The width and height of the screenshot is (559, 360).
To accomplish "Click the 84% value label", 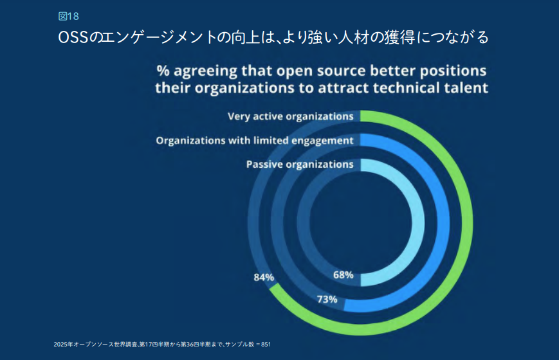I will click(264, 278).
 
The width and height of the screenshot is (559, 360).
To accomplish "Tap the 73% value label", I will click(327, 299).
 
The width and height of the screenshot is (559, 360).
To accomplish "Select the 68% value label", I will click(343, 274).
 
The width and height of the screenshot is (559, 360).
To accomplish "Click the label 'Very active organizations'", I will click(290, 116).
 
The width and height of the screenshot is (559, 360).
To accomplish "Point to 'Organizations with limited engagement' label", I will click(255, 140).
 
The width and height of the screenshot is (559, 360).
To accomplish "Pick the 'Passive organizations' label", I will click(300, 164).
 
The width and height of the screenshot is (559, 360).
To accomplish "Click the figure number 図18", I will click(68, 16).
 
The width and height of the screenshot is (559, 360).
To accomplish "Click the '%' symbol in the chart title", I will click(163, 69).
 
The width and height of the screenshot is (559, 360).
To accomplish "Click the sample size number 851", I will click(265, 345).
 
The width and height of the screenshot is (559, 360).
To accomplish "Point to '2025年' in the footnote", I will click(62, 345).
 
